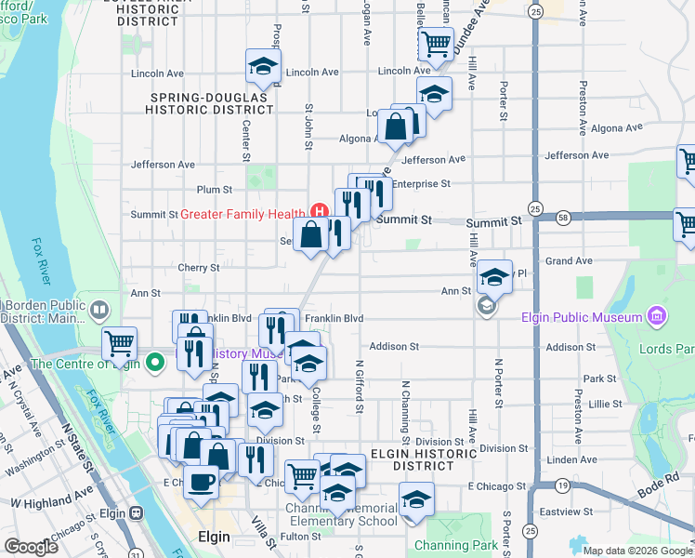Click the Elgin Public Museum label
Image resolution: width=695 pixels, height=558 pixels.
[x=582, y=316]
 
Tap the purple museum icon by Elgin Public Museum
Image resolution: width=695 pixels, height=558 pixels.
[x=658, y=316]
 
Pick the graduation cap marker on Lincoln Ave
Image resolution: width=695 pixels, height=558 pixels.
[x=263, y=66]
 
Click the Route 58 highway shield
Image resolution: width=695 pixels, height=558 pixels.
[x=565, y=216]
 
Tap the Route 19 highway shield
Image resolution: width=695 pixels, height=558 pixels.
[x=563, y=485]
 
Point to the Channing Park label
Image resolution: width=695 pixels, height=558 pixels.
[x=450, y=545]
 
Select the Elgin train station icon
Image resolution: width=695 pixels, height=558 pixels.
[x=137, y=512]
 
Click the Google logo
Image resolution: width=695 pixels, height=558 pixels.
[x=31, y=547]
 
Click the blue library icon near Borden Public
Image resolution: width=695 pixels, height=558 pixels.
[x=98, y=308]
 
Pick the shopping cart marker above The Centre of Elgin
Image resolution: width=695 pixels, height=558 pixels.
[x=119, y=343]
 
